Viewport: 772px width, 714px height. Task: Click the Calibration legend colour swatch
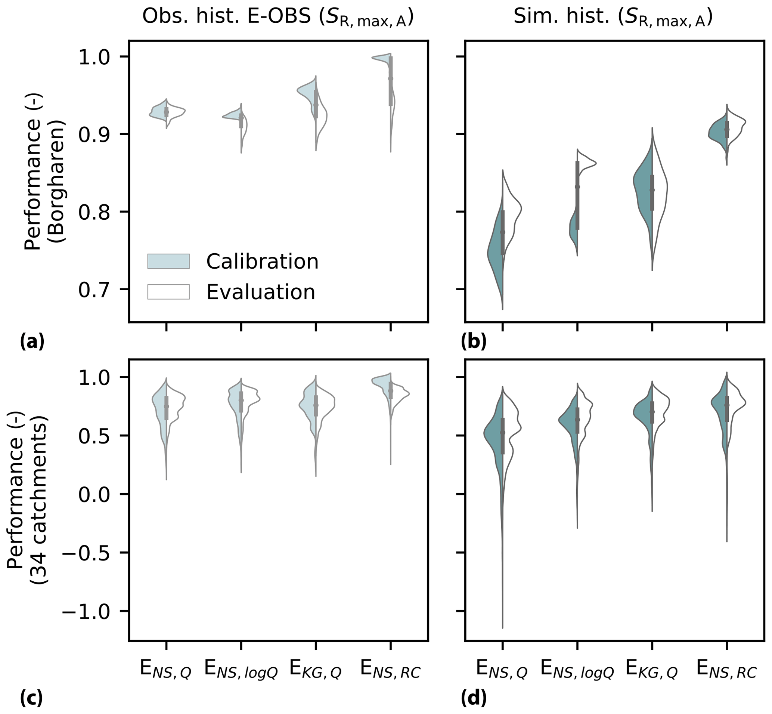tap(168, 261)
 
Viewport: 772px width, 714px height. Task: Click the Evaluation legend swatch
tap(168, 292)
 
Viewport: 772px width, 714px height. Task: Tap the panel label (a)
tap(32, 342)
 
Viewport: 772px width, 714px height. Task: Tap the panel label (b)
tap(474, 342)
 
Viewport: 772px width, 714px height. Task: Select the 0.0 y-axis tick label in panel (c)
tap(94, 495)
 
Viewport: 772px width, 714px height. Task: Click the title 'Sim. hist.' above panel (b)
tap(613, 18)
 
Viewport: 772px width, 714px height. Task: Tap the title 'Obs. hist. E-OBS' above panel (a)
tap(278, 18)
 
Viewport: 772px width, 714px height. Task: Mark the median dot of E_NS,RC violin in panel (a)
tap(390, 78)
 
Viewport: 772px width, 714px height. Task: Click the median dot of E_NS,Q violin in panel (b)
tap(502, 232)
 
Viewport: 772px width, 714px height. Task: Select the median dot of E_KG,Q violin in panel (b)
tap(652, 190)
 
